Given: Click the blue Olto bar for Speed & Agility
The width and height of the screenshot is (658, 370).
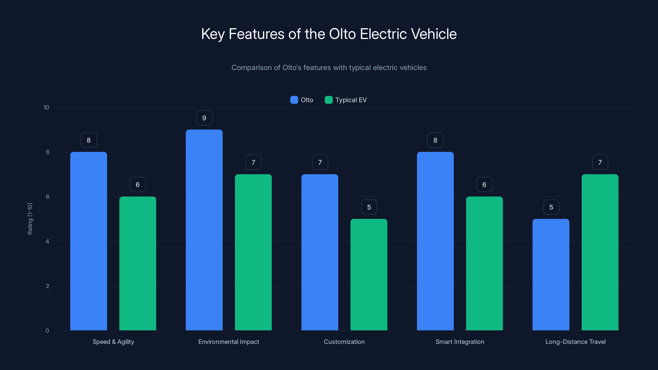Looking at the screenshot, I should [x=89, y=241].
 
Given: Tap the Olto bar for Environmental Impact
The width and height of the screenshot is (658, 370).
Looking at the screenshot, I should [x=204, y=230].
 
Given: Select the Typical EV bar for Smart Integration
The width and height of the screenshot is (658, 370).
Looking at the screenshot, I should [x=484, y=263].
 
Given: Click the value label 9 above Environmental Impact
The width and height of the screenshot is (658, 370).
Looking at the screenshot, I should [x=204, y=118].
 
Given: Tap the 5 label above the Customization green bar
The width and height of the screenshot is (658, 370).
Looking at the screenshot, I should [x=369, y=207].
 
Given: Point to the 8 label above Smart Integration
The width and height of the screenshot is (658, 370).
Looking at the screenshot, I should [x=435, y=140].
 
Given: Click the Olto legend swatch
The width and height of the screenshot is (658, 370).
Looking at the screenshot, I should [x=294, y=100].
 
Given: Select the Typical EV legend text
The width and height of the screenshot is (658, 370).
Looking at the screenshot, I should [x=351, y=100].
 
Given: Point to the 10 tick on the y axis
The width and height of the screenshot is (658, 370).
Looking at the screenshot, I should [x=46, y=107].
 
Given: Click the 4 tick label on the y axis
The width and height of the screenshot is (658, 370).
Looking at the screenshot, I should [x=47, y=241].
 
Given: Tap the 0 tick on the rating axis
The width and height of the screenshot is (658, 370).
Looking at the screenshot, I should [x=47, y=331].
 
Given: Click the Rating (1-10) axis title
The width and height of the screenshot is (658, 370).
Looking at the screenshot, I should [x=30, y=219].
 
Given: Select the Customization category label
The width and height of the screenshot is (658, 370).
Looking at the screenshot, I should [x=344, y=342].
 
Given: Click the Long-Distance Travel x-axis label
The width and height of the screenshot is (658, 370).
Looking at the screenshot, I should [x=575, y=342].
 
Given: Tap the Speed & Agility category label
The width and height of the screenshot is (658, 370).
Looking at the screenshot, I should [x=113, y=342].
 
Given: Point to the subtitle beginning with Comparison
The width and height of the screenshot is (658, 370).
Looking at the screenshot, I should [x=329, y=68].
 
